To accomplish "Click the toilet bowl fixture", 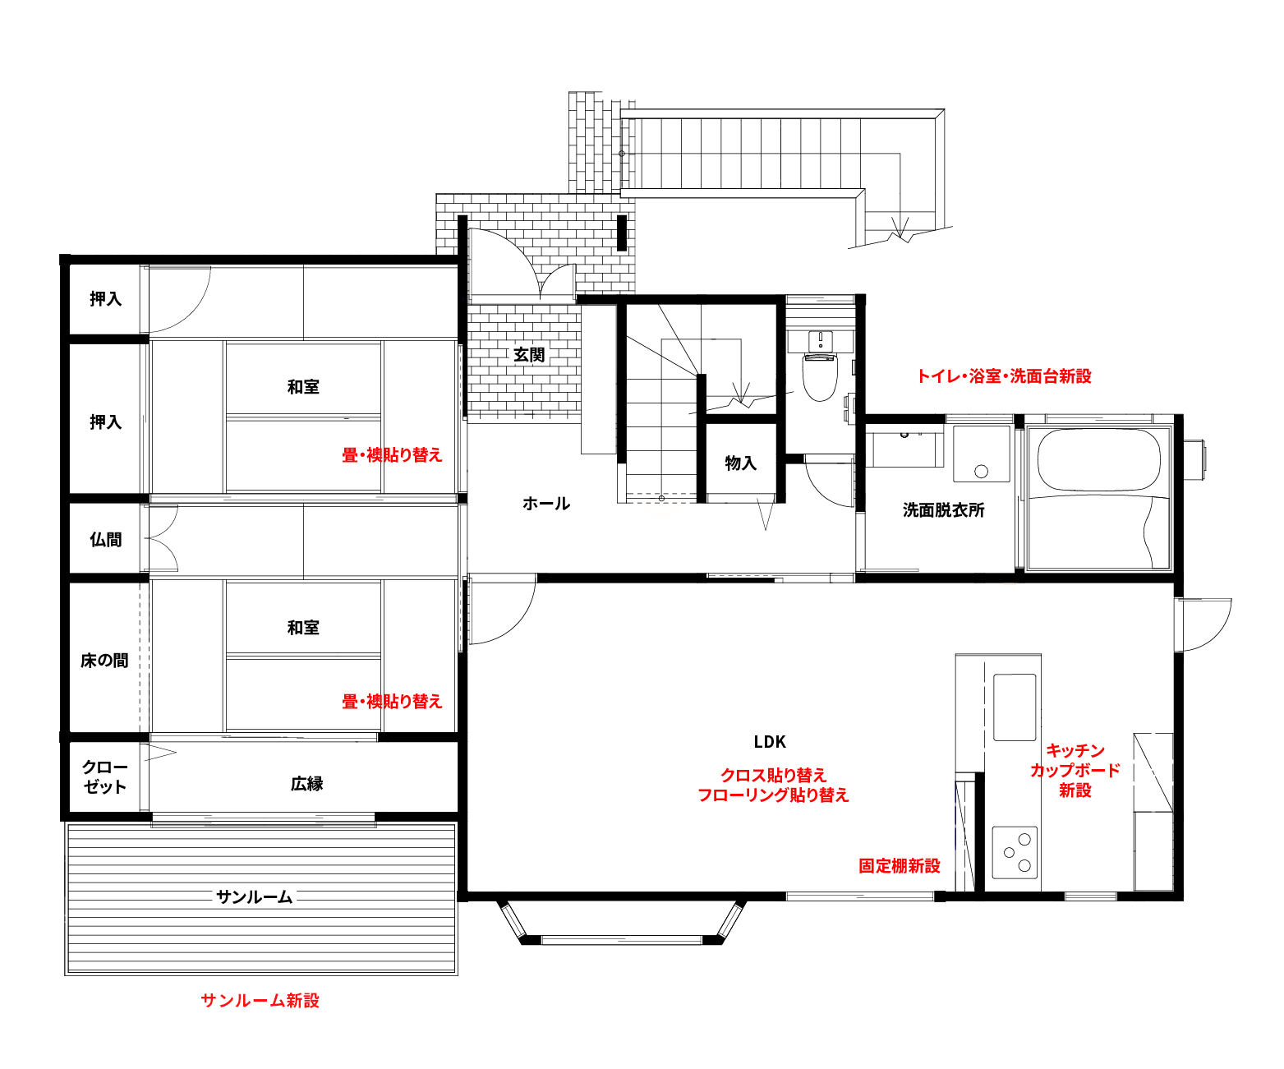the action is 820,376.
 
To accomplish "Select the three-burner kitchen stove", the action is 1015,853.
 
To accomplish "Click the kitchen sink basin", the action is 1015,707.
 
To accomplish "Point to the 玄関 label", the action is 529,355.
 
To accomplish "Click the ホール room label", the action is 546,504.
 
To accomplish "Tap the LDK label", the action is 770,742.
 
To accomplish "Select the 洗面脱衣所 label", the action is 943,510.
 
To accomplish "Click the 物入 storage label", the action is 740,463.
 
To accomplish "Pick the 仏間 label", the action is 106,539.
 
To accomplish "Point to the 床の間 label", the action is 104,661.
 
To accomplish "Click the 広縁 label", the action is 307,784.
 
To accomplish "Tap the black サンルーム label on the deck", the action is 254,897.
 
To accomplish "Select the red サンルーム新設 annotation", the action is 260,1001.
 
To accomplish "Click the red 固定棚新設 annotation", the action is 899,866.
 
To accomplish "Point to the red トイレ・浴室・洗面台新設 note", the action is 1004,376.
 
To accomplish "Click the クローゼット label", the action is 105,776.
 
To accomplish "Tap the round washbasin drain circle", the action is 982,472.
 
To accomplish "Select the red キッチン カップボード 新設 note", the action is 1075,770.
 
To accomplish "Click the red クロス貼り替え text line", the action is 774,775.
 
